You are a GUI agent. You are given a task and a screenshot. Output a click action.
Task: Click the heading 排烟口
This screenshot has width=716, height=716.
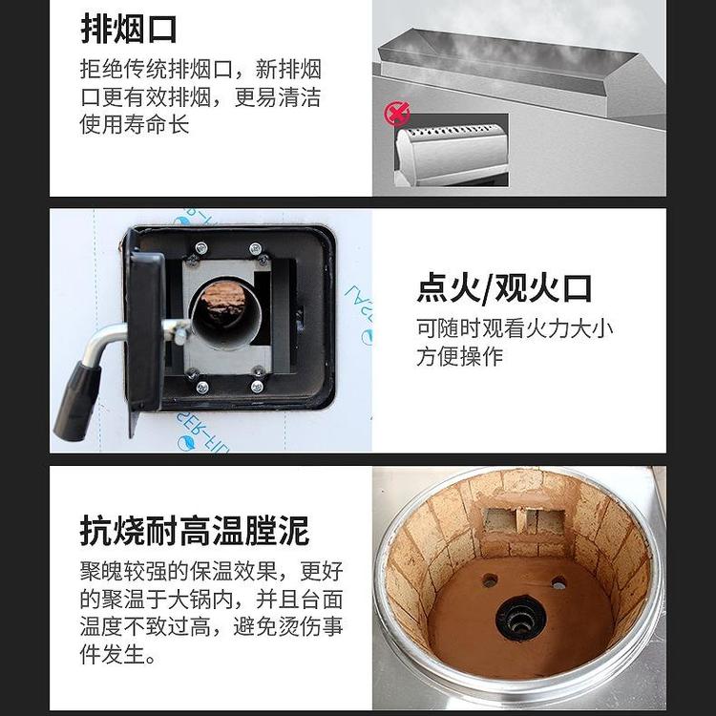128,30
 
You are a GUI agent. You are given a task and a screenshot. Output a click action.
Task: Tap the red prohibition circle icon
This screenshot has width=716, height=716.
396,114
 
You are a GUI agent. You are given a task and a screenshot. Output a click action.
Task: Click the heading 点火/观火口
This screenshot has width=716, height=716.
504,288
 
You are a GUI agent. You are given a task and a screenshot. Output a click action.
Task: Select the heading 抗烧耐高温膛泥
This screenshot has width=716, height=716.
195,530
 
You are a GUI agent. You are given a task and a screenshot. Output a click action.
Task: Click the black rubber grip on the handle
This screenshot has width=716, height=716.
76,401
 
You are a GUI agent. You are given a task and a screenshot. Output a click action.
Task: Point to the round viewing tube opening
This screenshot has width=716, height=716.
226,315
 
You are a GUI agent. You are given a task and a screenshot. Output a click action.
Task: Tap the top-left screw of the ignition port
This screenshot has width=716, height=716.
200,248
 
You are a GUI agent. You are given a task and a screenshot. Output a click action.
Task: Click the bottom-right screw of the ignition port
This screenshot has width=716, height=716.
257,387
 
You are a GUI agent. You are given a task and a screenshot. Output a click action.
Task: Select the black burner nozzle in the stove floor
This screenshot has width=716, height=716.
520,619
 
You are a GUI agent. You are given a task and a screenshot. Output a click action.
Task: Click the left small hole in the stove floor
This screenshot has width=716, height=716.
490,580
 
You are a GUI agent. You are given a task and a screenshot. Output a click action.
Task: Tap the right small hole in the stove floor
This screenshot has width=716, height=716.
558,583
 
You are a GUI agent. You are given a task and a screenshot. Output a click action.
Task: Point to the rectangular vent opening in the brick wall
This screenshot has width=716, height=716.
524,520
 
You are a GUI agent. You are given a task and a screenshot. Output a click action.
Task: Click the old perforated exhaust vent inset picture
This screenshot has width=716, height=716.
452,150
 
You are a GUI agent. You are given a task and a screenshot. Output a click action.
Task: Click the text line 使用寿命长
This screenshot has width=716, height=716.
135,125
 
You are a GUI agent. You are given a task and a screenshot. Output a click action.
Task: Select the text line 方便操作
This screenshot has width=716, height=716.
460,356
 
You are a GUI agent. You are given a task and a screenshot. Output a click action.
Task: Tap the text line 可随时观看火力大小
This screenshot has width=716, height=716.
515,328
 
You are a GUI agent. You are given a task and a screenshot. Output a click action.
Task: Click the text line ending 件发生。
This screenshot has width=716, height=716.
117,654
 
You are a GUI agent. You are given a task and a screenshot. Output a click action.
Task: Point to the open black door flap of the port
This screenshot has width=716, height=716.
144,329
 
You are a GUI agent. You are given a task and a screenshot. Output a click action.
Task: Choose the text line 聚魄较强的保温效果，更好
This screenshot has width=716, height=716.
211,571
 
